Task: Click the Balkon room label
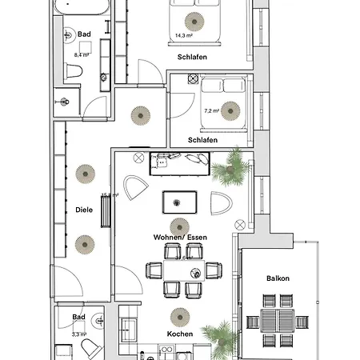(279, 278)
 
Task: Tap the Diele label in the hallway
(83, 210)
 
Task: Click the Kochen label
(180, 334)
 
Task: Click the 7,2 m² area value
(212, 111)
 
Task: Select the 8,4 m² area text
(81, 54)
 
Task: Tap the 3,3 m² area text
(79, 335)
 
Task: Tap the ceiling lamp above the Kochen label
(180, 315)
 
